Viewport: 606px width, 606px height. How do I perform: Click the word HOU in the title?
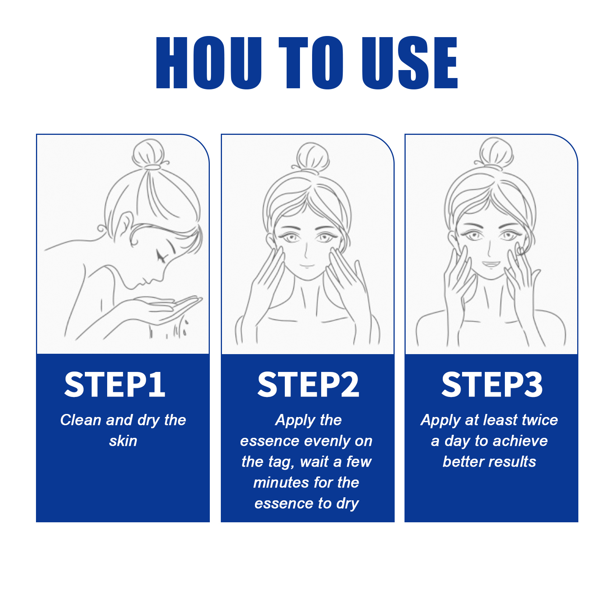[209, 63]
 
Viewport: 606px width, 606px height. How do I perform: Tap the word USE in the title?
[410, 63]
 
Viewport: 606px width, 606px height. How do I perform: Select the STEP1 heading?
[115, 384]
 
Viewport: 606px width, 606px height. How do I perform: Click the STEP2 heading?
[308, 384]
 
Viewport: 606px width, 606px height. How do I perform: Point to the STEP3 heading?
[492, 384]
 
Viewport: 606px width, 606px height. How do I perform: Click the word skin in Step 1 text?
[123, 441]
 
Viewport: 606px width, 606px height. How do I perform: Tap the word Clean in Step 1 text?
[81, 420]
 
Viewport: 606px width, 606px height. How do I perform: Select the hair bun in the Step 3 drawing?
[496, 153]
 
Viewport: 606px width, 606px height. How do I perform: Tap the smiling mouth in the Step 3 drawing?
[491, 264]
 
